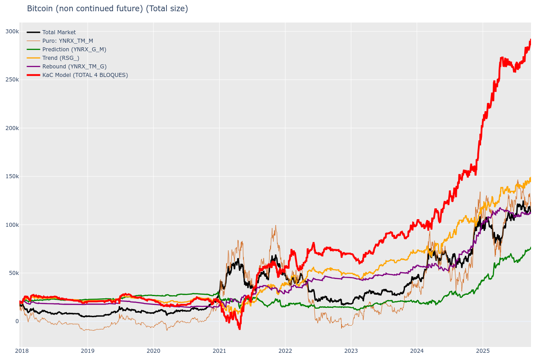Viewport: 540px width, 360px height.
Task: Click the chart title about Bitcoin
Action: coord(108,9)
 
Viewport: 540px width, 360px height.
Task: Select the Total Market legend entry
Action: coord(59,32)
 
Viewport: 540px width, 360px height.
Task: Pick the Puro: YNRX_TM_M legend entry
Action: coord(67,41)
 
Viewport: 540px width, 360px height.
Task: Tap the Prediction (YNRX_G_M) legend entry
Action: coord(74,49)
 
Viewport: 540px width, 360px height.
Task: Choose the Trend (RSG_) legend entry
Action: coord(61,58)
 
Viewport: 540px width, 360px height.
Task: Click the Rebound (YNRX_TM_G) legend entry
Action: coord(74,67)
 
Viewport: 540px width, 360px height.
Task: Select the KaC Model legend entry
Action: coord(85,75)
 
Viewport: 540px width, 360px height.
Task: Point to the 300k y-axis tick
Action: coord(12,31)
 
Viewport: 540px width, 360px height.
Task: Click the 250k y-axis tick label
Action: coord(12,80)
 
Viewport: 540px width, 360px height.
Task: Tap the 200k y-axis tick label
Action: coord(12,128)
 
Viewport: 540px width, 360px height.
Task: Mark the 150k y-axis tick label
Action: coord(12,176)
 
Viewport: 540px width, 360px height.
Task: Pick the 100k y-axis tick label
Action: coord(12,225)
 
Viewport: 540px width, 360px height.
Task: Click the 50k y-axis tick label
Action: coord(13,273)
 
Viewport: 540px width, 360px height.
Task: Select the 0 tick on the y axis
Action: coord(17,321)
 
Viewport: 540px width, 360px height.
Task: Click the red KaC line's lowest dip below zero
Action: coord(239,328)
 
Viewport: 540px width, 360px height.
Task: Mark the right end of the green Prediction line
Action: coord(531,247)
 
